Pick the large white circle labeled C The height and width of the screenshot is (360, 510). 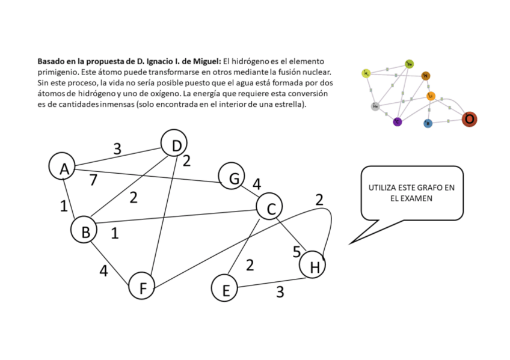coord(270,208)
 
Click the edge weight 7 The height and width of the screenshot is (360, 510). coord(93,180)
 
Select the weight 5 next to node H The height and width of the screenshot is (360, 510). coord(296,252)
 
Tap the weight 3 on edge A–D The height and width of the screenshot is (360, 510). coord(117,149)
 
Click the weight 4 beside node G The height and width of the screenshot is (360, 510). coord(257,184)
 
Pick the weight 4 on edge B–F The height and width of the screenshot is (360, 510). coord(103,271)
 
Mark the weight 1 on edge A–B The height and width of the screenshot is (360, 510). coord(64,206)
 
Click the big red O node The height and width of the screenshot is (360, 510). coord(469,120)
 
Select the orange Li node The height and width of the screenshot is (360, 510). coord(431,96)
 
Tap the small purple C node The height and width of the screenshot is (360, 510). coord(397,122)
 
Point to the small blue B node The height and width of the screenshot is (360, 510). coord(428,124)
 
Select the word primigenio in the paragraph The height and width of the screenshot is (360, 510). coord(58,72)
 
